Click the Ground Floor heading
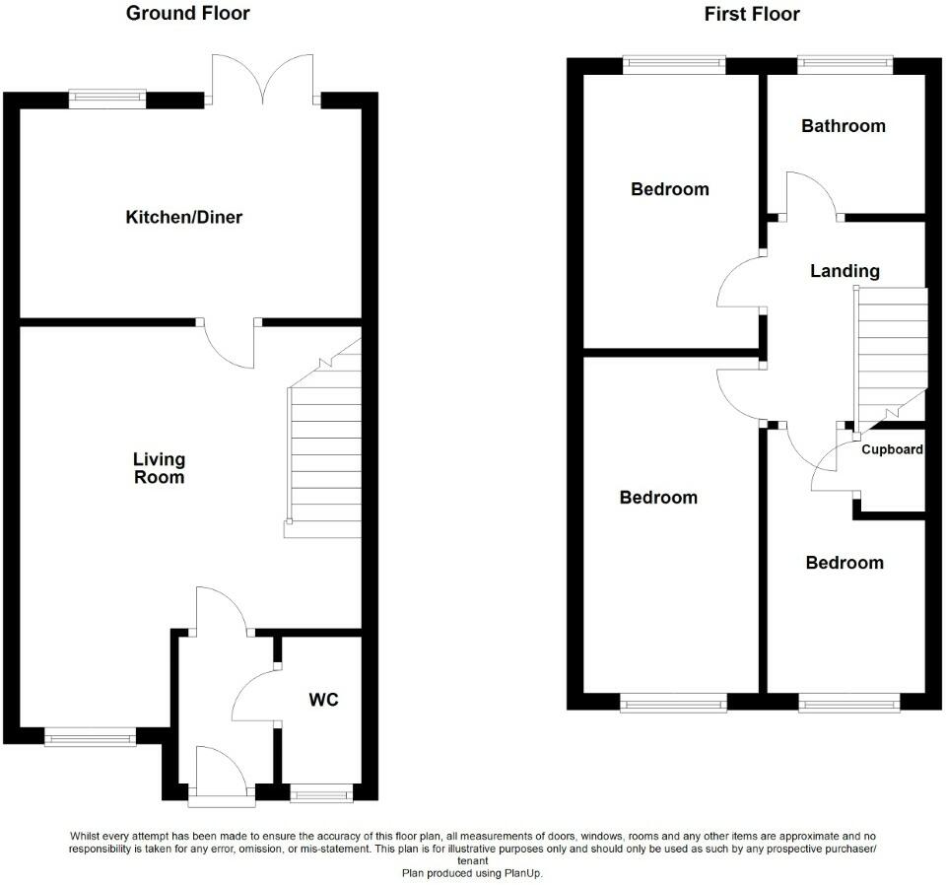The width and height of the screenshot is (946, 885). [188, 14]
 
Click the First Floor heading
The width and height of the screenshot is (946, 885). [752, 14]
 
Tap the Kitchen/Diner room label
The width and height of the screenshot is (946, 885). [183, 217]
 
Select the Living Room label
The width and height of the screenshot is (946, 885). [159, 468]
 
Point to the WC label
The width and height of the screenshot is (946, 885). [323, 700]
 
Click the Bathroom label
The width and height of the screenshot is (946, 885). [843, 126]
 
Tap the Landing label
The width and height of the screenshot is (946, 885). [845, 271]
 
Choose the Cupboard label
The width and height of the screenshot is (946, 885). [892, 450]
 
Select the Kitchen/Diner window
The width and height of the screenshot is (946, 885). [107, 98]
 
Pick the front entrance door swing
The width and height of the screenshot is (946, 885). [218, 770]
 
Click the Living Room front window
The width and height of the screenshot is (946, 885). [90, 735]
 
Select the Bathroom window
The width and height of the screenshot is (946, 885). [845, 66]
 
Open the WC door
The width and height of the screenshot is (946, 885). [255, 696]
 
